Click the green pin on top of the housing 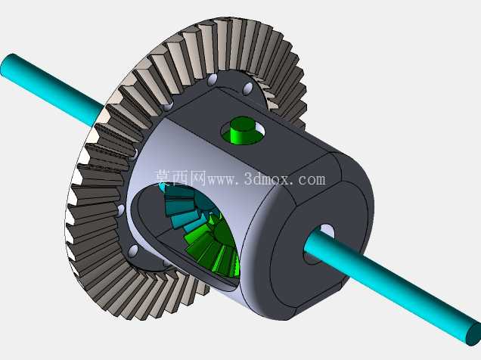click(242, 132)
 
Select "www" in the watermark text click(221, 180)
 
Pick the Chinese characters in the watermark click(180, 178)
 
